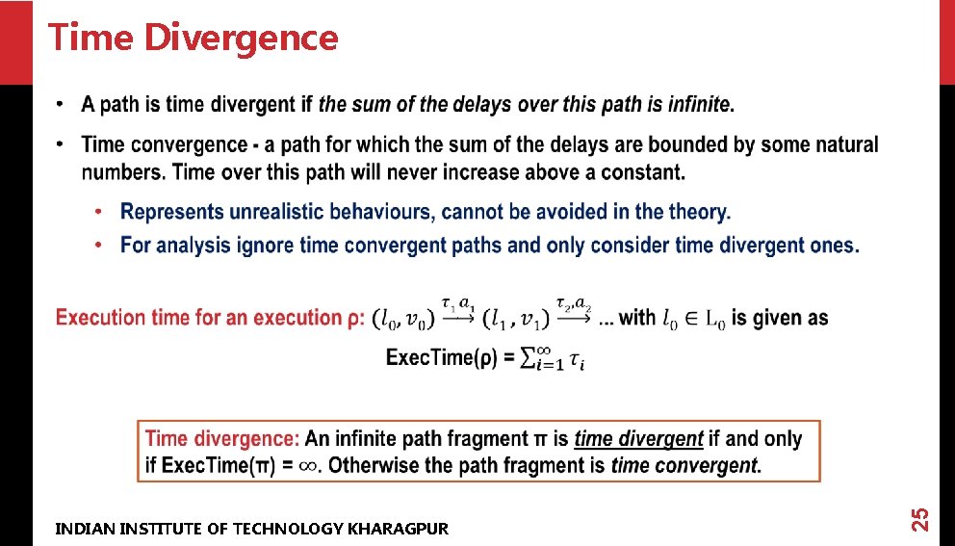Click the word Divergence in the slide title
[x=241, y=39]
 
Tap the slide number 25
[x=919, y=518]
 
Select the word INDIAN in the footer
[x=81, y=528]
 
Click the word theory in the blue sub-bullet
[x=698, y=211]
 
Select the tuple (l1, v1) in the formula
[x=517, y=318]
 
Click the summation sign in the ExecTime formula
[x=529, y=358]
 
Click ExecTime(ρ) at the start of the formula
[x=441, y=358]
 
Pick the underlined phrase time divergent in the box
[x=638, y=439]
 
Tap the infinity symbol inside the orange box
[x=308, y=466]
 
